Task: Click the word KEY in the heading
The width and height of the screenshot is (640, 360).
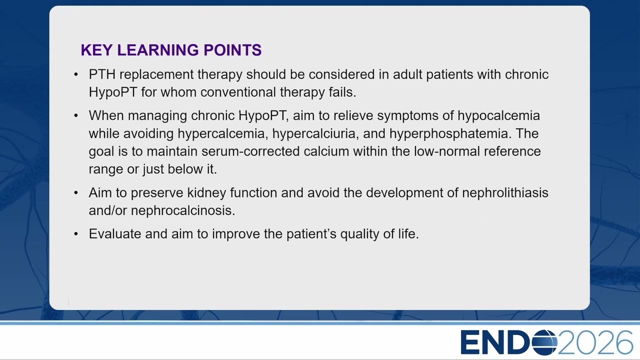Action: click(96, 50)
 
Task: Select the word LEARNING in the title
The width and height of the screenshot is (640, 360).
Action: click(157, 50)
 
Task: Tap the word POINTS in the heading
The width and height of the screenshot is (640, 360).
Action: click(232, 50)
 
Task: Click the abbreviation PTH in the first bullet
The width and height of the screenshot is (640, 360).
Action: click(102, 74)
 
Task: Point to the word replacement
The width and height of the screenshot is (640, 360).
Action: click(156, 75)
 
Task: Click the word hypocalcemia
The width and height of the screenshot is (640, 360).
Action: click(498, 116)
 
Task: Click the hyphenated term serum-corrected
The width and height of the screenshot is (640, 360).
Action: click(250, 151)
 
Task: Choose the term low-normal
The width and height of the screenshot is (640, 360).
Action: click(447, 151)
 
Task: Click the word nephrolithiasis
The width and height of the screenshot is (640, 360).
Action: click(505, 193)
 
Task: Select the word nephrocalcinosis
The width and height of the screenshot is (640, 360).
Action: click(183, 210)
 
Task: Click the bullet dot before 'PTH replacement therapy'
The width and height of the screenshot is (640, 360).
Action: click(75, 75)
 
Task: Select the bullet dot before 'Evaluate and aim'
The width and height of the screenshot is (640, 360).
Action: click(75, 234)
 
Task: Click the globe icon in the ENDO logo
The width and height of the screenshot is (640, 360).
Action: click(544, 342)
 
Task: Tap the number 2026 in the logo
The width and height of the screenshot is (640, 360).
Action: click(595, 342)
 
